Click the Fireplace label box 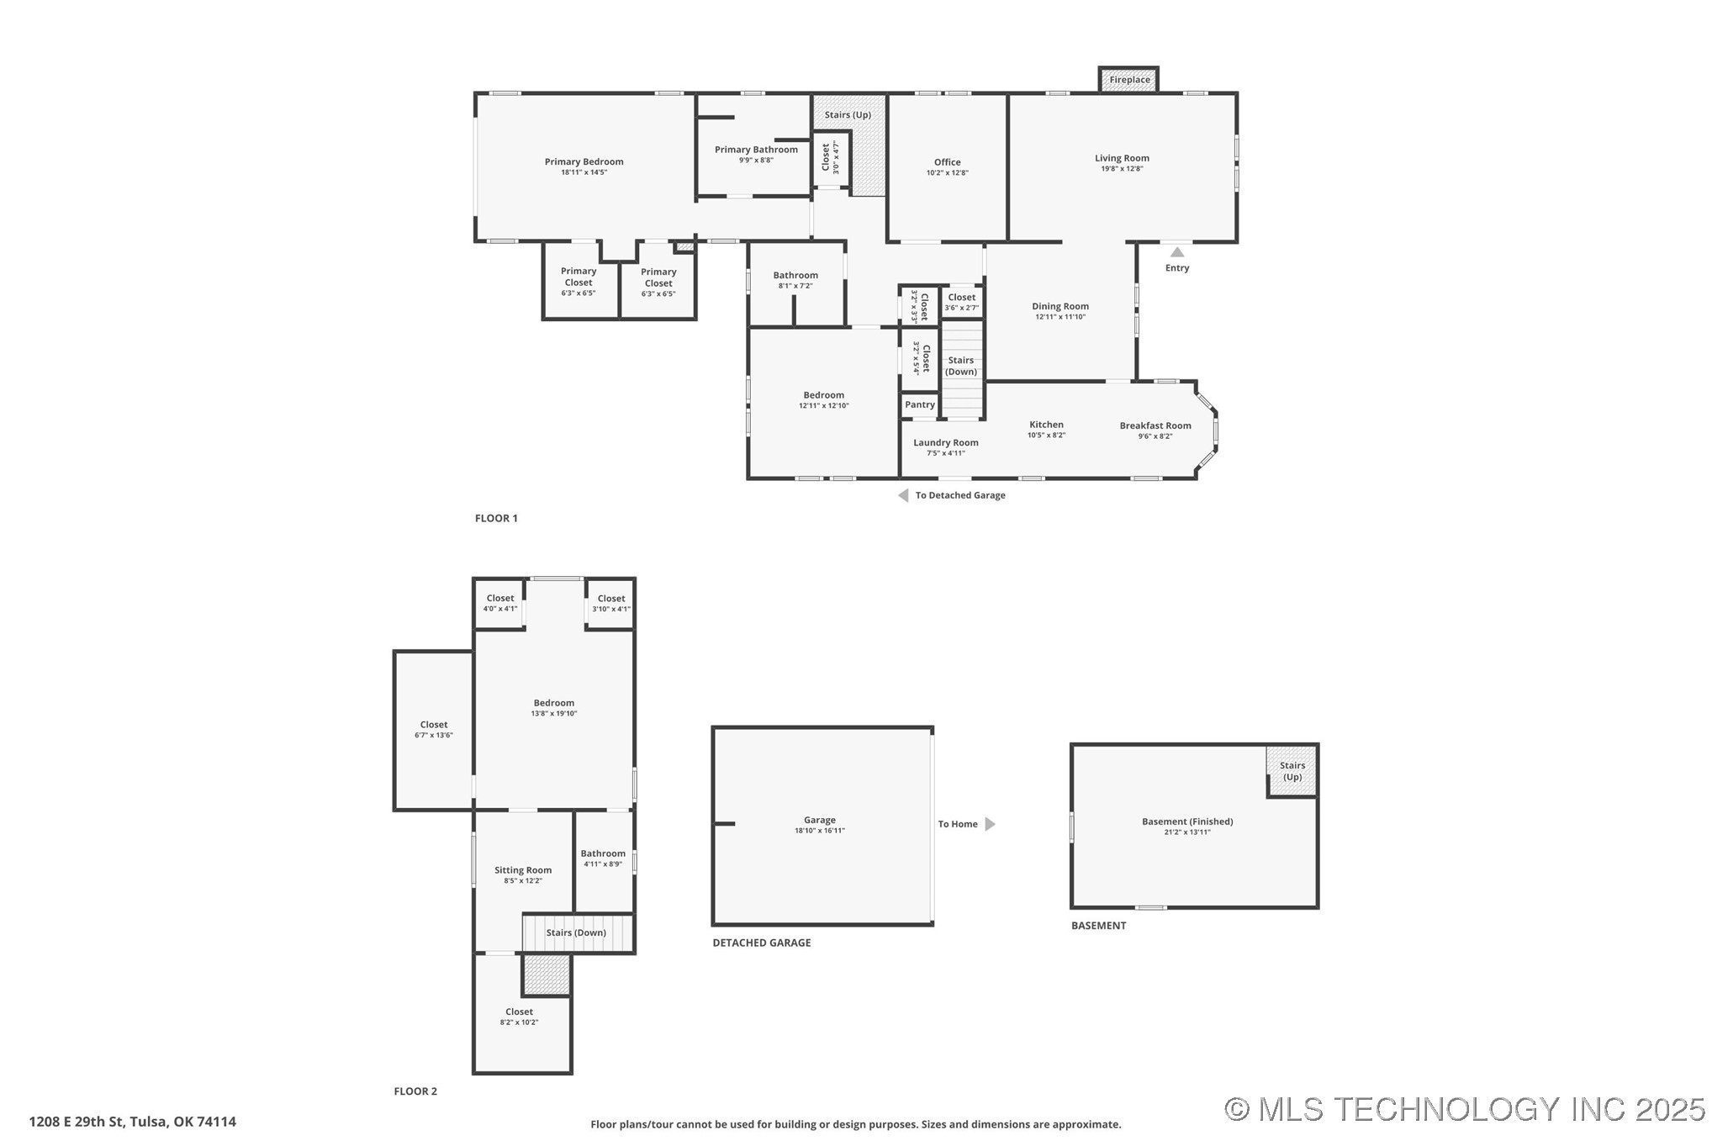coord(1128,80)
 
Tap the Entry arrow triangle coord(1177,252)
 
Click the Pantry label coord(919,404)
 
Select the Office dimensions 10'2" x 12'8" coord(947,173)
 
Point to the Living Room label coord(1121,158)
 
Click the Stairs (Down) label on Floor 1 coord(960,366)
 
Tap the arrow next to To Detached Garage coord(903,495)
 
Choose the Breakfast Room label coord(1155,425)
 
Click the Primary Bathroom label coord(756,150)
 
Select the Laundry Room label coord(945,442)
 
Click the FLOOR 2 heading coord(415,1091)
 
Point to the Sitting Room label coord(522,870)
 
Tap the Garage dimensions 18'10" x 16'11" coord(819,831)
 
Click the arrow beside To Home coord(990,824)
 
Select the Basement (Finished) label coord(1186,821)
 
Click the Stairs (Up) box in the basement coord(1292,771)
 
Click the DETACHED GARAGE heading coord(761,943)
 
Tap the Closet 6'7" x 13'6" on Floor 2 coord(433,729)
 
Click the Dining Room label coord(1059,306)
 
